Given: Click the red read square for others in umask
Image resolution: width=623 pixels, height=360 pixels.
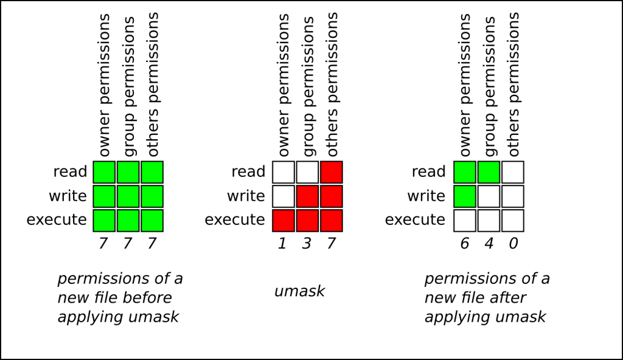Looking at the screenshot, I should coord(332,172).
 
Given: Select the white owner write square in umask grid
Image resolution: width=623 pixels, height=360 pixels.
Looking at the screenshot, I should coord(284,196).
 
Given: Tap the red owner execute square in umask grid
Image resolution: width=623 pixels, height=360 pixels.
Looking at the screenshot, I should coord(284,220).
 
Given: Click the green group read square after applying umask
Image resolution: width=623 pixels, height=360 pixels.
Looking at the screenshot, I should coord(489,172).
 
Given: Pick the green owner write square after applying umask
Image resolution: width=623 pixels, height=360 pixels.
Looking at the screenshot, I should coord(465,196).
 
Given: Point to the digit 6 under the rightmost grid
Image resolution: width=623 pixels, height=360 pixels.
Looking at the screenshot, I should coord(465,243).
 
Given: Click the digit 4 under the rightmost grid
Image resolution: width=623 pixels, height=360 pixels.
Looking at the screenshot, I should coord(489,243).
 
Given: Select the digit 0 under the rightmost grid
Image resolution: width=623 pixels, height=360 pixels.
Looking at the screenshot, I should coord(513,243).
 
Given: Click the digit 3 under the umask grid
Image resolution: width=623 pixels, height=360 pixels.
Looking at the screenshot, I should coord(308,243).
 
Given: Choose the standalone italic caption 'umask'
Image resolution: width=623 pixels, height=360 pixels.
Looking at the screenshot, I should coord(299,291).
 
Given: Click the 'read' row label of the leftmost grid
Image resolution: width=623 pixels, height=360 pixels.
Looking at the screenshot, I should coord(70,172).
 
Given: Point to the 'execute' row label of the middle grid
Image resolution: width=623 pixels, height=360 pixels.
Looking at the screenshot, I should coord(235,220).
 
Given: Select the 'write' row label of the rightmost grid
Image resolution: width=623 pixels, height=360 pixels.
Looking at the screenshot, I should coord(426,196).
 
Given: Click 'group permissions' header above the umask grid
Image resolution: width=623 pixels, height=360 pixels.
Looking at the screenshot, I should coord(308,87).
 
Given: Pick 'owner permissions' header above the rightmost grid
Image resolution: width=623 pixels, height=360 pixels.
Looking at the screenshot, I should coord(465,85).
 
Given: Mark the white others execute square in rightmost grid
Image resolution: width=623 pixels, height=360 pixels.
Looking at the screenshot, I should coord(513,220).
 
